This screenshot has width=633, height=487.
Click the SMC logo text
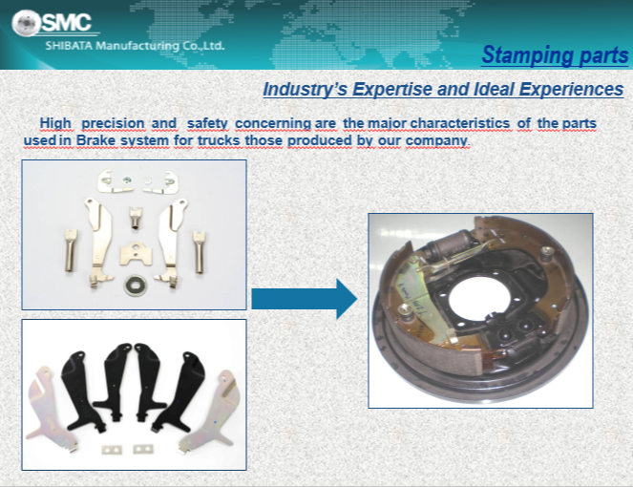coord(67,22)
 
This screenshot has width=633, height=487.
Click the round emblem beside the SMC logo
coord(26,23)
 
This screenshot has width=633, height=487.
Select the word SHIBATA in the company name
coord(69,46)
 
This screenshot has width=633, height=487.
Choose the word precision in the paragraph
coord(113,123)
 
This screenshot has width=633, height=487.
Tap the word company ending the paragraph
coord(436,141)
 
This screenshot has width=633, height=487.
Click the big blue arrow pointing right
coord(305,299)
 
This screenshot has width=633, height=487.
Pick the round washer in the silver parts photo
coord(136,286)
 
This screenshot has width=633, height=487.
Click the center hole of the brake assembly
coord(478,298)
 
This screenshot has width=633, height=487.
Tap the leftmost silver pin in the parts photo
coord(71,250)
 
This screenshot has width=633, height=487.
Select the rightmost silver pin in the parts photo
coord(199,252)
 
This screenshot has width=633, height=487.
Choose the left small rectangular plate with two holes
coord(112,449)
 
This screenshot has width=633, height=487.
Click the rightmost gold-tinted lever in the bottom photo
coord(210,411)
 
